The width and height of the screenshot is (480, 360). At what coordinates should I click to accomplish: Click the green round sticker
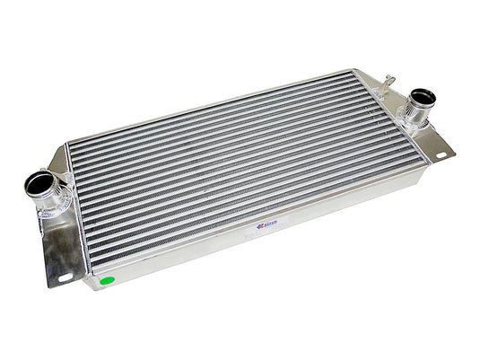[x=108, y=282]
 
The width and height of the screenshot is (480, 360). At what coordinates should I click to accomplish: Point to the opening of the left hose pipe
[x=39, y=184]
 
